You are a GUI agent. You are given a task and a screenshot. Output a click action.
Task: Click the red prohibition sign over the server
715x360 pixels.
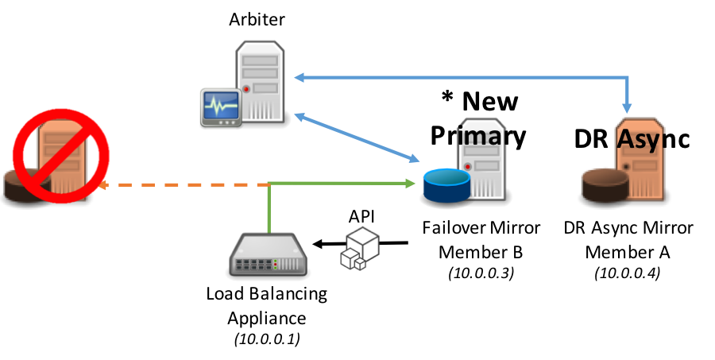click(x=61, y=155)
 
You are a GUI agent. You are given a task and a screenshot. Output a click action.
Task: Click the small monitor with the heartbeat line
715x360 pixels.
click(x=220, y=106)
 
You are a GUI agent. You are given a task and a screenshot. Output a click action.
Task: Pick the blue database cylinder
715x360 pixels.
click(x=446, y=184)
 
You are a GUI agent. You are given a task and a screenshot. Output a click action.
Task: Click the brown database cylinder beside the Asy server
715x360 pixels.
click(x=605, y=184)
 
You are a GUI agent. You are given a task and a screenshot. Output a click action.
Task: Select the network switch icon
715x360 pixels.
click(x=268, y=255)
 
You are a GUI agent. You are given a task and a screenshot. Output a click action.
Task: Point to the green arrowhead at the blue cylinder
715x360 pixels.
click(x=410, y=184)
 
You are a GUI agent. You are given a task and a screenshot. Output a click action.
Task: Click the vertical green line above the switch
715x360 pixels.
click(x=269, y=208)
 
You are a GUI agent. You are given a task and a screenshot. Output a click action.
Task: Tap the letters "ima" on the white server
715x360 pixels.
click(x=481, y=137)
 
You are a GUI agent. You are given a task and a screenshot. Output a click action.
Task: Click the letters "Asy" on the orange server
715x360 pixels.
click(x=639, y=140)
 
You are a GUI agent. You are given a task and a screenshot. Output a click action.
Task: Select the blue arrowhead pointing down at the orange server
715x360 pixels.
click(x=628, y=107)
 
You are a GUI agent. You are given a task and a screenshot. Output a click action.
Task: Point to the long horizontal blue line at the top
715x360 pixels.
click(x=461, y=77)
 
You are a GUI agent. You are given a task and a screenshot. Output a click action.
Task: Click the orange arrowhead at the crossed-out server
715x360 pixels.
click(x=102, y=185)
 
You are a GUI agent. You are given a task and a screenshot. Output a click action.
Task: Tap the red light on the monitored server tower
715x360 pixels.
click(x=246, y=89)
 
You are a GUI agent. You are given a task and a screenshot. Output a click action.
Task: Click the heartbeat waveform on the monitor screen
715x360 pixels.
click(x=220, y=105)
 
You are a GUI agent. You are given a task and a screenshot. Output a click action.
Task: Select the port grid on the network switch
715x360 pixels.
click(x=268, y=263)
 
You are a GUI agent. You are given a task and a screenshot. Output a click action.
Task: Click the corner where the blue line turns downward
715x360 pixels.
click(x=628, y=77)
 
